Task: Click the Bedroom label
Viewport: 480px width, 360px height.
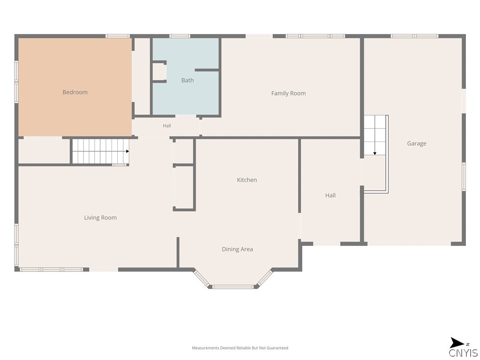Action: [75, 92]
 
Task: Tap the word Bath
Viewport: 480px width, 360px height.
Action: [187, 80]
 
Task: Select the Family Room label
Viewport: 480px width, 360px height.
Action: [288, 93]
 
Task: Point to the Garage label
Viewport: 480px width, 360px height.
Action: [417, 143]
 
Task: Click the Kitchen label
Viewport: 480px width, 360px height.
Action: [247, 180]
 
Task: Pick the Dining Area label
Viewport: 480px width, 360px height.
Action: [237, 249]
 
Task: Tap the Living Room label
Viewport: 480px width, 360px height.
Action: [100, 217]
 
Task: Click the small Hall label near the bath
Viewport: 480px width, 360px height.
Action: [167, 126]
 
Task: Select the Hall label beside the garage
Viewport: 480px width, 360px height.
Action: [330, 195]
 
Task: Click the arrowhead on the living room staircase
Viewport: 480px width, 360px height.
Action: [127, 151]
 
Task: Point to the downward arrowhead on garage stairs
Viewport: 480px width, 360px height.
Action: [375, 153]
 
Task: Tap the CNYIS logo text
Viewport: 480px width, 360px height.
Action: [463, 353]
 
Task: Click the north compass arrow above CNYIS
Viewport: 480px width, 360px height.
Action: [457, 343]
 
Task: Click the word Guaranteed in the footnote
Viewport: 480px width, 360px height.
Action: [277, 348]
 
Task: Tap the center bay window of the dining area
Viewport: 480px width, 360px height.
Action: [233, 287]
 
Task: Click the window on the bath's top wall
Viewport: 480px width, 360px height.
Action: [180, 36]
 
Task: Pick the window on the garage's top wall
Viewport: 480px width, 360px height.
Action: [414, 36]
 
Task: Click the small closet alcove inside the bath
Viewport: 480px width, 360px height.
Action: [159, 72]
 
